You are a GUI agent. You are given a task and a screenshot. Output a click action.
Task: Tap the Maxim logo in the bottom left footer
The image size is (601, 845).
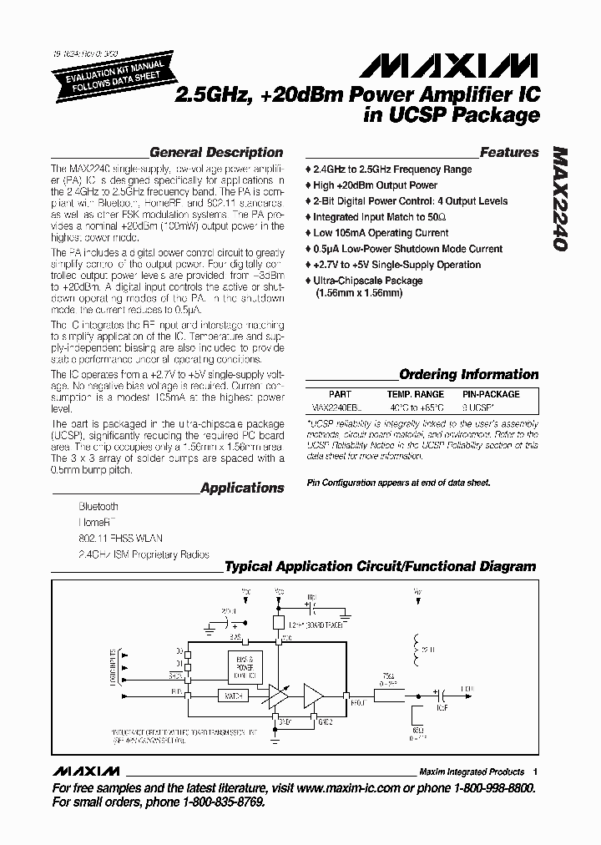82,772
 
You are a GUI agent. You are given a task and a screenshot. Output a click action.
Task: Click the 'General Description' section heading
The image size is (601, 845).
215,153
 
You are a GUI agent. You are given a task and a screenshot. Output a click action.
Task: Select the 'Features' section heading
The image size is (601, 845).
508,153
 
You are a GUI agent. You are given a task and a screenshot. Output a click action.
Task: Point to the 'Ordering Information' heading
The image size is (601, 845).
468,375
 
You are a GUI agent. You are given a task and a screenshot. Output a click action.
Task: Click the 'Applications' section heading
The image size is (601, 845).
242,488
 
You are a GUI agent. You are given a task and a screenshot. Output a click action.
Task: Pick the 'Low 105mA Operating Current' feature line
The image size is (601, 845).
382,233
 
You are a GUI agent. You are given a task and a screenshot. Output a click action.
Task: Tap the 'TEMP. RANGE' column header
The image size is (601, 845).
415,394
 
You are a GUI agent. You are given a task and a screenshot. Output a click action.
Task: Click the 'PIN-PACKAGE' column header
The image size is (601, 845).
491,394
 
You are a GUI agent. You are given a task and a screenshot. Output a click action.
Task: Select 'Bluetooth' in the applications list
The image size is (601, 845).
98,507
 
